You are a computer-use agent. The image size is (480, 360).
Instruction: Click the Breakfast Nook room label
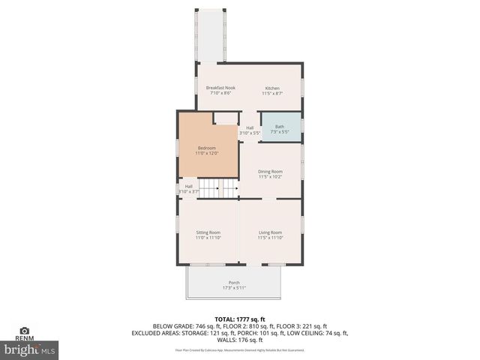[220, 88]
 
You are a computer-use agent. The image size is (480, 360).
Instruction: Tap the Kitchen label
[271, 88]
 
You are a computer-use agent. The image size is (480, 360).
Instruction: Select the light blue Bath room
[280, 128]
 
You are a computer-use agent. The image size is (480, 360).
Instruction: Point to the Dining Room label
[270, 171]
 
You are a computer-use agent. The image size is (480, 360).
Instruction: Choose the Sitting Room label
[208, 232]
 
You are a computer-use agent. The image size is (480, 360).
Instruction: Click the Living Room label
[270, 232]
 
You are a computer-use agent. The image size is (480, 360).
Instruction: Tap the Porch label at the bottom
[234, 283]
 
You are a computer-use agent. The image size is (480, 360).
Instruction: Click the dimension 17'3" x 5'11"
[234, 288]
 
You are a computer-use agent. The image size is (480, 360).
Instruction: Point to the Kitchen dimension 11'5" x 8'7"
[271, 94]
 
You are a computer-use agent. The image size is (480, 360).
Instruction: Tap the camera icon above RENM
[24, 330]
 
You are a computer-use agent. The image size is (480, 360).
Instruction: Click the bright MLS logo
[30, 349]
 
